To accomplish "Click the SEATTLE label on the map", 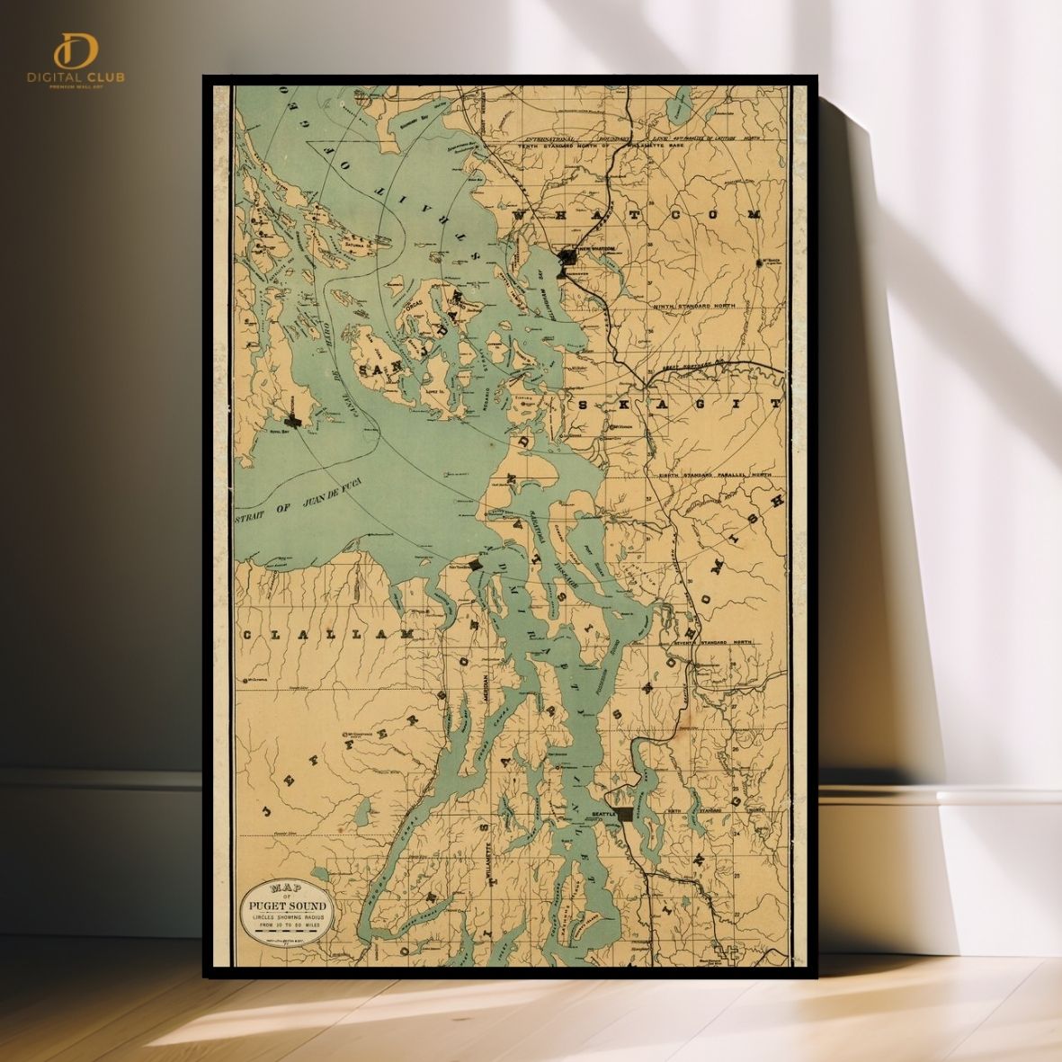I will point(601,812).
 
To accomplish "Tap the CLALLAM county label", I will point(324,635).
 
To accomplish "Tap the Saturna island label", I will point(366,242).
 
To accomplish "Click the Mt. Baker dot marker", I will point(758,264).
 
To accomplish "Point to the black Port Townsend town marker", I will point(475,564).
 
